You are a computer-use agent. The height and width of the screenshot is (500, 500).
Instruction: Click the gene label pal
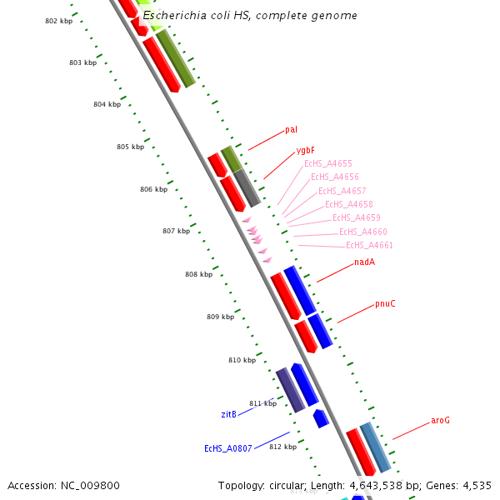tap(291, 129)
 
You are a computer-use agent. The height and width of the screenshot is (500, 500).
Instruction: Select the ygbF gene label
tap(305, 151)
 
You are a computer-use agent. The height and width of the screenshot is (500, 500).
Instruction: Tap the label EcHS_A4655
tap(327, 164)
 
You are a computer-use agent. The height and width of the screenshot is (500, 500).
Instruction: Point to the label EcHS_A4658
tap(348, 204)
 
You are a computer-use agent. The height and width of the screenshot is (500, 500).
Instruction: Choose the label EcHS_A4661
tap(369, 245)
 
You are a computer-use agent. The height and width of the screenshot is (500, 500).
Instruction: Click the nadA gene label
tap(364, 262)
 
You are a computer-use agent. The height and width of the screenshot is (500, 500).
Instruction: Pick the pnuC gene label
tap(385, 303)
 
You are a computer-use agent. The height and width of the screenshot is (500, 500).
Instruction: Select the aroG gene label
tap(440, 420)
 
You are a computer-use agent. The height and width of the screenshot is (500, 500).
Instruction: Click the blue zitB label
tap(228, 414)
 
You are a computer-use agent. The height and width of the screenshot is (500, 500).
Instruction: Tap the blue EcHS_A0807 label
tap(227, 448)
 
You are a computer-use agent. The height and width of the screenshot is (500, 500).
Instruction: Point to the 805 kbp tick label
tap(130, 147)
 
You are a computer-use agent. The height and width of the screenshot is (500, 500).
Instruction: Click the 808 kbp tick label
tap(198, 274)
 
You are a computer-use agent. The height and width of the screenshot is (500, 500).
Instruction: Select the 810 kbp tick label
tap(242, 360)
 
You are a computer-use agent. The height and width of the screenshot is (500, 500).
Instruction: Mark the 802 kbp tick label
tap(58, 20)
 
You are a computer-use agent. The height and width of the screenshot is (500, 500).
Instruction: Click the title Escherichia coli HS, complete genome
tap(250, 16)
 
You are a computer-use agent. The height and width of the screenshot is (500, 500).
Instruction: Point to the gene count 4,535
tap(476, 485)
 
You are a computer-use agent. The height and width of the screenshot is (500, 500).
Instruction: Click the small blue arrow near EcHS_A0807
tap(320, 417)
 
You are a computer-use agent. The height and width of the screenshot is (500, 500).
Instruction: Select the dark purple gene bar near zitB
tap(291, 390)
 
